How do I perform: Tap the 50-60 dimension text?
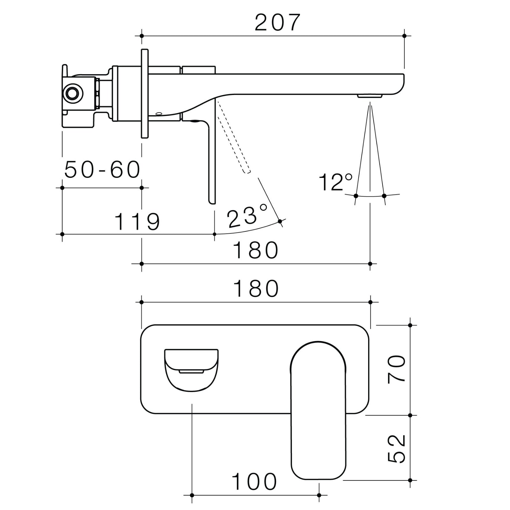(102, 170)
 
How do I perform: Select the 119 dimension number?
(137, 222)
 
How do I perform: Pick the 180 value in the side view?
(256, 251)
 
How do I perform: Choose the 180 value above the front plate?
(256, 289)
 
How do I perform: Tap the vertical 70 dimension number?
(397, 368)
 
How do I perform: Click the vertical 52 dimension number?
(397, 448)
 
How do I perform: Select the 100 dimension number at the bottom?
(254, 482)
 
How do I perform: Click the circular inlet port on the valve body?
(73, 93)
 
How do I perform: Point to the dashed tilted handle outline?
(233, 137)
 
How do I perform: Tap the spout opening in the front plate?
(191, 370)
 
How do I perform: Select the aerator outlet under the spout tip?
(370, 96)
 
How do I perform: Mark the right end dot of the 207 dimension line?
(404, 36)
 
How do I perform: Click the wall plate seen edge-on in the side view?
(145, 93)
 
